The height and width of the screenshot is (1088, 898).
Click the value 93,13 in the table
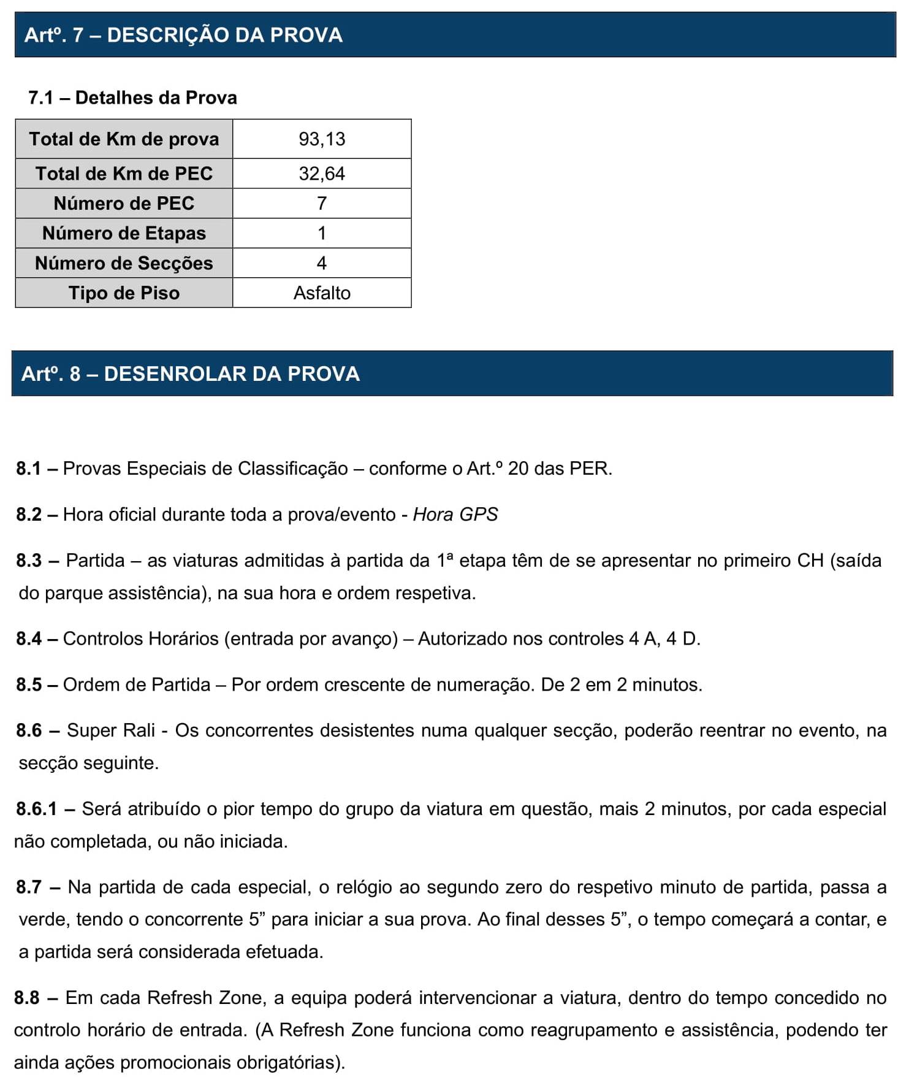[322, 139]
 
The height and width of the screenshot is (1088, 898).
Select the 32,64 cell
[322, 174]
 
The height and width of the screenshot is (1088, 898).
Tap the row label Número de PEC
[124, 203]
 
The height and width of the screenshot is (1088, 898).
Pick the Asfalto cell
[322, 293]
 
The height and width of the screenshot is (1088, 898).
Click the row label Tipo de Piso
[124, 293]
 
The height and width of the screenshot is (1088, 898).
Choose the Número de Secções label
[124, 263]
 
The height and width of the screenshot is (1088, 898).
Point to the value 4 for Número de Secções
[322, 263]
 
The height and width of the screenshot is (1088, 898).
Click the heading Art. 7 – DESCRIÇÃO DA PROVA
[183, 35]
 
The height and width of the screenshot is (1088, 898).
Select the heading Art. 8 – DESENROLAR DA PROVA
[190, 374]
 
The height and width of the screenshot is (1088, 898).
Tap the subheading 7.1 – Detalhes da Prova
[132, 98]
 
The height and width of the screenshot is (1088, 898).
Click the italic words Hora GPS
[455, 515]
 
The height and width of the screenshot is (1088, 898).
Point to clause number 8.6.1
[36, 809]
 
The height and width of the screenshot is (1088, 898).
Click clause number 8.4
[28, 639]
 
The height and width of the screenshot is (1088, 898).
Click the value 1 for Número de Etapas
[322, 233]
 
